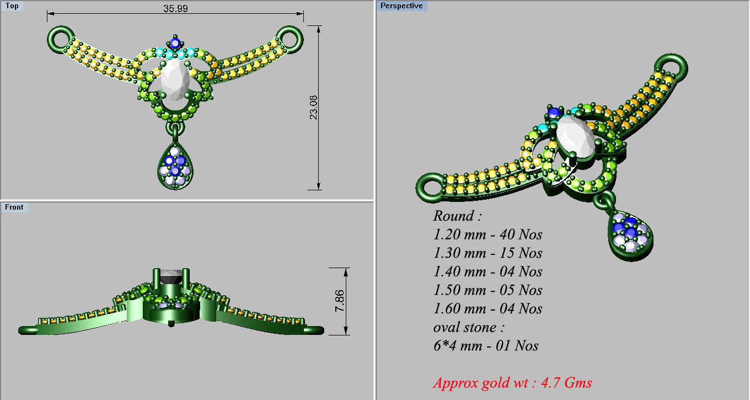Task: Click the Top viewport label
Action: tap(12, 6)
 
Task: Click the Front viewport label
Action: tap(14, 207)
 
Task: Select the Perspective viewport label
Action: tap(401, 6)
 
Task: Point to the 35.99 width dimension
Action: tap(175, 8)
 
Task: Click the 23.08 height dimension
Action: tap(313, 108)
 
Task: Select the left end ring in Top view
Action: tap(60, 38)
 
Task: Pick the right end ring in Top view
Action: tap(290, 38)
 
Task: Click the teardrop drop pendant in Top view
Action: tap(175, 166)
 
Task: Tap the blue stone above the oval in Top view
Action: tap(175, 43)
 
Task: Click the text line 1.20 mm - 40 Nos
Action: tap(488, 234)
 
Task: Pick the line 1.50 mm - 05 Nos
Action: tap(488, 290)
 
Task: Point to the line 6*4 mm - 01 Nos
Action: tap(485, 346)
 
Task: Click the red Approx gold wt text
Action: tap(512, 382)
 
